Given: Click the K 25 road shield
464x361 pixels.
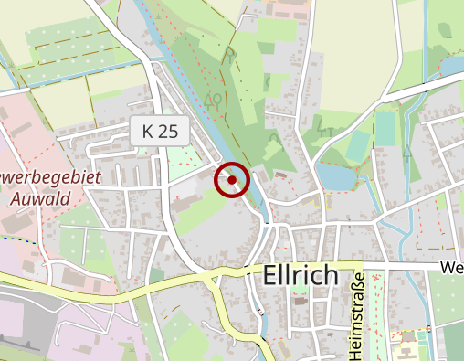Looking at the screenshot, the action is [x=160, y=132].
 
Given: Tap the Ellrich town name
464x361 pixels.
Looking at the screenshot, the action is [x=300, y=275].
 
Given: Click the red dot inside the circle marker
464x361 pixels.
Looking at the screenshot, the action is [x=233, y=180].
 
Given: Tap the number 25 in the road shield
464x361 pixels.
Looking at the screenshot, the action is [x=167, y=132].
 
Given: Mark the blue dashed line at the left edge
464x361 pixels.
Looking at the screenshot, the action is [x=18, y=239].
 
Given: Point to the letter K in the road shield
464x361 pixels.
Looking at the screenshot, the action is [x=148, y=132].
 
